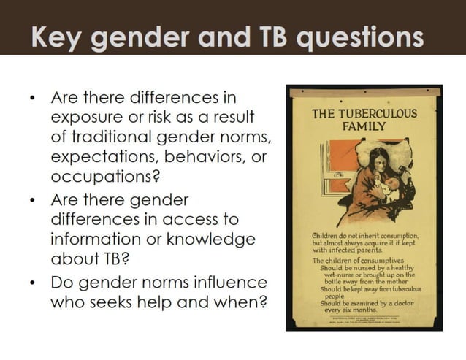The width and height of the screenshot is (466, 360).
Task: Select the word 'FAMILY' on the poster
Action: point(364,126)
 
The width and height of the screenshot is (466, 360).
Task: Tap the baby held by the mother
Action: point(391,186)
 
